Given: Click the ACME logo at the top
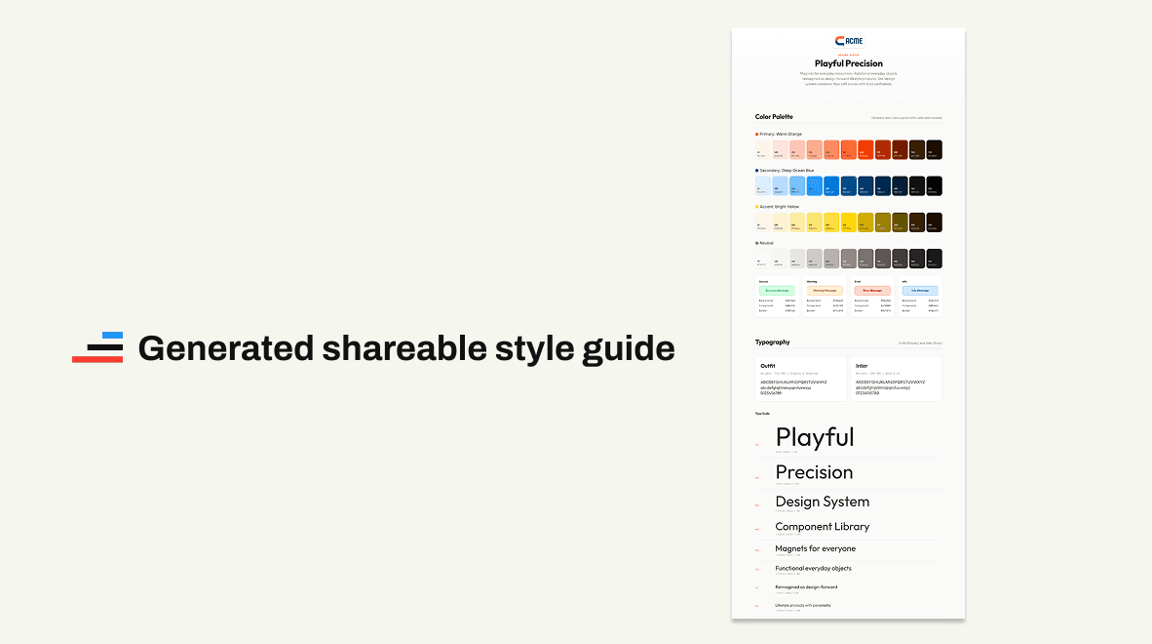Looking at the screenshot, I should click(848, 41).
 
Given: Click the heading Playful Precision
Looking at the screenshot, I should click(848, 63).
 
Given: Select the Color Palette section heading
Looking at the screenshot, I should click(775, 117).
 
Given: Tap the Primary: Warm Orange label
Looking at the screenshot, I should click(781, 134).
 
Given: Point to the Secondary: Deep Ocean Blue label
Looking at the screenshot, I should click(786, 170).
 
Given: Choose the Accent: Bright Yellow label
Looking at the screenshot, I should click(779, 207).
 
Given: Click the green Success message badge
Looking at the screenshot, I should click(777, 291).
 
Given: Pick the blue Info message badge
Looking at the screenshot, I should click(919, 291).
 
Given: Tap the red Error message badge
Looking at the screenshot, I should click(871, 291).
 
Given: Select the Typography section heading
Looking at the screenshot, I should click(773, 342).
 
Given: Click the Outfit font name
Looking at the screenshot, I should click(768, 366).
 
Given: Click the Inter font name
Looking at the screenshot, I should click(862, 366).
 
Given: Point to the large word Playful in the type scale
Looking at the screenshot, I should click(815, 437).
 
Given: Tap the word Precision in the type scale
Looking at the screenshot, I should click(814, 472).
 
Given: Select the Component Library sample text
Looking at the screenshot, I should click(822, 527).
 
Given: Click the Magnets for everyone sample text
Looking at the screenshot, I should click(815, 548).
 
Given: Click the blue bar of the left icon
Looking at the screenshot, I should click(112, 336).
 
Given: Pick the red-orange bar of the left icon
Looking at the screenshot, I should click(97, 359).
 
